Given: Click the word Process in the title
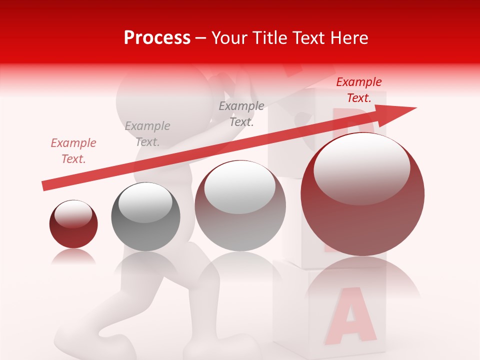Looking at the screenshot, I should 157,38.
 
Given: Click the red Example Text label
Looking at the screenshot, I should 358,90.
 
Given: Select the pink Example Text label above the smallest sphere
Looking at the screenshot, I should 73,151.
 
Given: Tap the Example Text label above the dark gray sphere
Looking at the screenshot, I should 147,134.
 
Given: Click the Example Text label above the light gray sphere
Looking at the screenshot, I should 241,113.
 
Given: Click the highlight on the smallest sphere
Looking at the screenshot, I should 73,213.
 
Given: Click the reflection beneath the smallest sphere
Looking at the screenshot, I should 73,257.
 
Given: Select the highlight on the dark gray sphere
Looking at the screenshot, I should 145,201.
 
